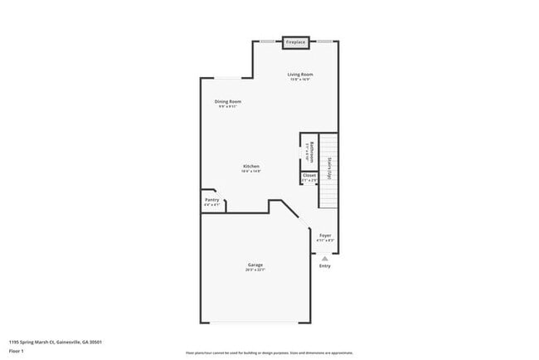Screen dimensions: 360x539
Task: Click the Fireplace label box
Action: click(x=295, y=41)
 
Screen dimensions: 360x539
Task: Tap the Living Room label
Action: click(x=300, y=75)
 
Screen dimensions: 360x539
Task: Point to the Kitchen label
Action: click(x=251, y=166)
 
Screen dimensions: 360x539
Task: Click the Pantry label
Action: click(x=211, y=199)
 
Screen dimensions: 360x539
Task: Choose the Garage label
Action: click(x=255, y=265)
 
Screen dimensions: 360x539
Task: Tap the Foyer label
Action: click(x=326, y=235)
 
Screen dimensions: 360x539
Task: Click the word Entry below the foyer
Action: click(x=324, y=265)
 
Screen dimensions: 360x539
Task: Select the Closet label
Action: click(x=308, y=175)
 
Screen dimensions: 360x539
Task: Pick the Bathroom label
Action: click(x=309, y=149)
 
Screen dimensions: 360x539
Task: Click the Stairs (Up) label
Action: click(x=329, y=168)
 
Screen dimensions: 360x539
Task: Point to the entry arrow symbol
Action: click(x=324, y=257)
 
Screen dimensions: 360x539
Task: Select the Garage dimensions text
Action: click(x=255, y=270)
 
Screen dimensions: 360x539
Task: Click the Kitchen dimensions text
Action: click(x=251, y=172)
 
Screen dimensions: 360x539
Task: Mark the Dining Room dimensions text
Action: click(x=229, y=107)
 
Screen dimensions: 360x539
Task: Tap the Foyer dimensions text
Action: click(x=326, y=241)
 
